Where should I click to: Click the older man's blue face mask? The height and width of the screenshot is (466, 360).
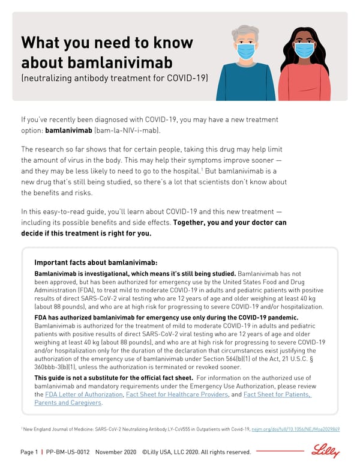coord(247,51)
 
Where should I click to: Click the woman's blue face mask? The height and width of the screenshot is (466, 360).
coord(304,51)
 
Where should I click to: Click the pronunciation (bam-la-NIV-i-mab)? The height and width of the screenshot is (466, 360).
coord(127,130)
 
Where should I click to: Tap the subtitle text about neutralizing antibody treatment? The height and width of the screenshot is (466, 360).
coord(115,79)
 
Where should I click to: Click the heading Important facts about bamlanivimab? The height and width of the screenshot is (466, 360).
coord(96,262)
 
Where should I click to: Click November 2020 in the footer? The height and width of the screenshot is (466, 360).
coord(115,452)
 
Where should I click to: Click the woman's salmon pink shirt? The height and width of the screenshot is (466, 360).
coord(304,84)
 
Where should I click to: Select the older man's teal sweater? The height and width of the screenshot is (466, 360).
coord(246,84)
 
